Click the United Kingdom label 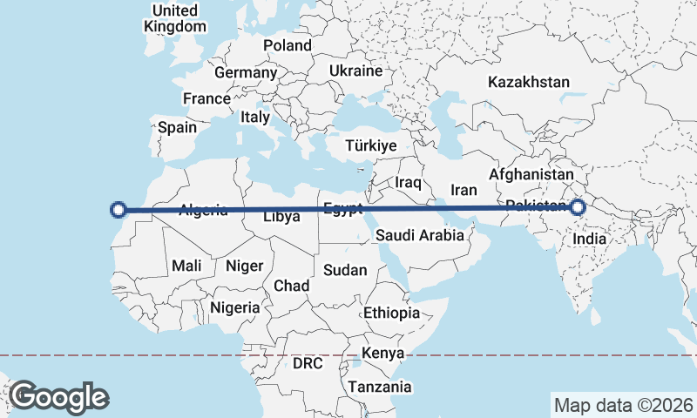(175, 17)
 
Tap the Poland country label (288, 44)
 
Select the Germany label (245, 72)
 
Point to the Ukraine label (356, 71)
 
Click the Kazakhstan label (529, 83)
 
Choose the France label (206, 98)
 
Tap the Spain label (177, 127)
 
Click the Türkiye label (371, 145)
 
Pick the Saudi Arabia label (415, 235)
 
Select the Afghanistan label (533, 174)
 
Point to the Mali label (187, 266)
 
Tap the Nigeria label (235, 307)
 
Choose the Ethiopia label (392, 313)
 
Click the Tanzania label (380, 386)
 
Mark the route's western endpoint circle (119, 209)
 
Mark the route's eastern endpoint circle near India (578, 207)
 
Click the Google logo (58, 396)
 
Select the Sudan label (345, 270)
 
